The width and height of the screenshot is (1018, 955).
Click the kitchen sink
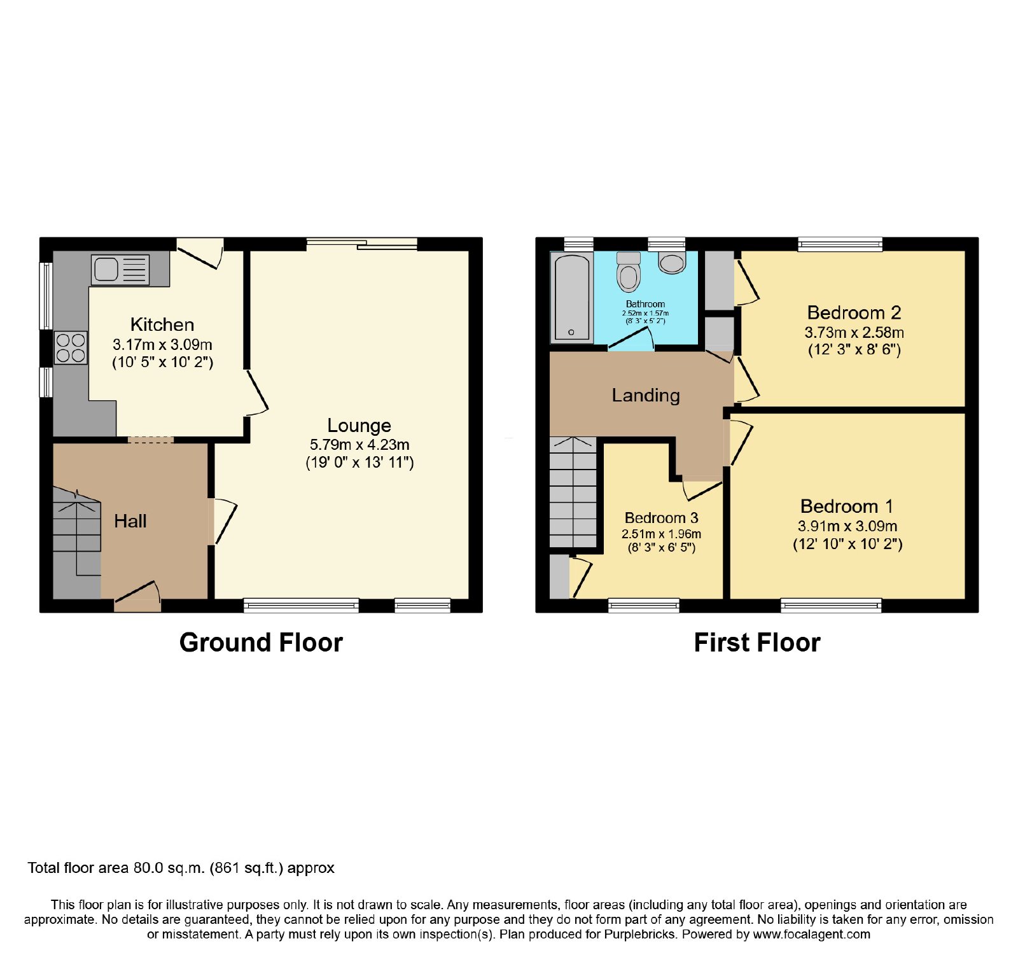pos(120,269)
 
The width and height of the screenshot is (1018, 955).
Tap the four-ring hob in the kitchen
pos(71,348)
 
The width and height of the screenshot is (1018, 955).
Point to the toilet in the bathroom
pos(629,272)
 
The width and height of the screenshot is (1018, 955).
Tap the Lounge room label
pos(359,425)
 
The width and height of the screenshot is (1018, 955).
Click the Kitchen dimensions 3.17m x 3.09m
pos(162,345)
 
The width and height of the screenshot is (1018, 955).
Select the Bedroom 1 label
pos(847,506)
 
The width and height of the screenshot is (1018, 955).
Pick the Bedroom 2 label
pos(854,312)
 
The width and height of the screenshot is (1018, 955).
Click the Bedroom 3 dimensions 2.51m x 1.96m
pos(661,534)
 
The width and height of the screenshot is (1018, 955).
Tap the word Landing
pos(646,396)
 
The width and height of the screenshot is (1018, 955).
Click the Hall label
pos(130,521)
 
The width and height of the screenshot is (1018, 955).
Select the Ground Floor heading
pos(261,643)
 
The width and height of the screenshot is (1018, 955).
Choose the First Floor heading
pos(757,643)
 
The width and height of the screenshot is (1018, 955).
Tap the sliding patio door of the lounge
pos(362,244)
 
